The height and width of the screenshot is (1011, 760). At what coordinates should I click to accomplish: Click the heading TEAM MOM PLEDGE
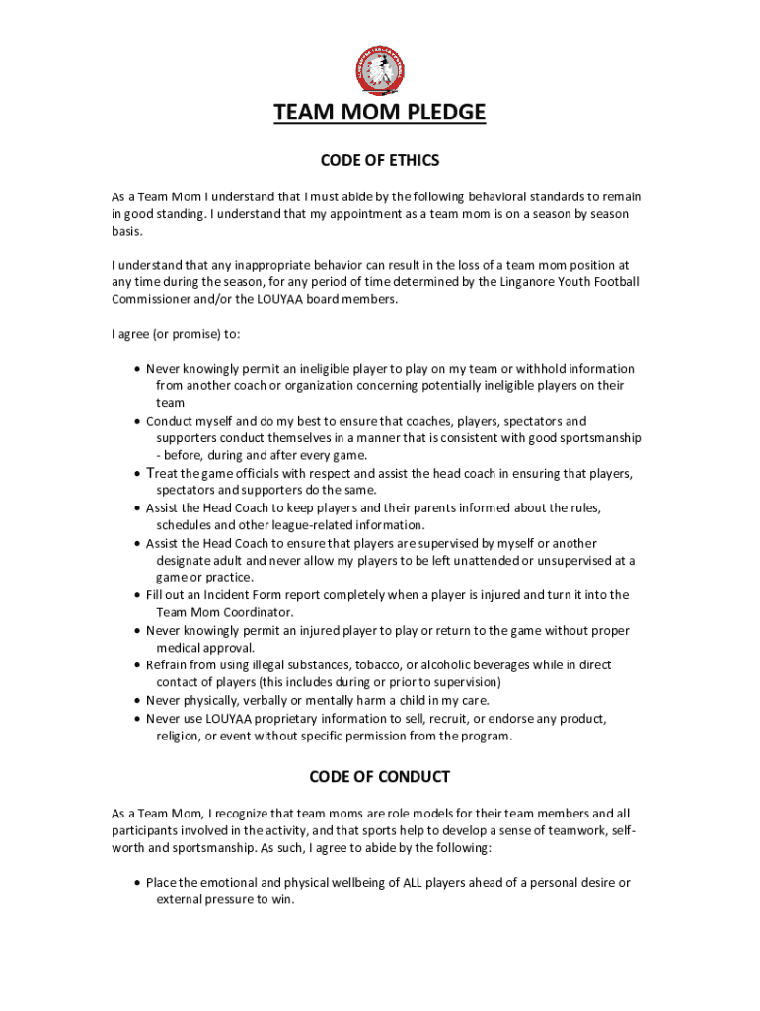pyautogui.click(x=379, y=114)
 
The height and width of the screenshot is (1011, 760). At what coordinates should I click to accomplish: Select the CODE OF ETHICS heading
pyautogui.click(x=380, y=160)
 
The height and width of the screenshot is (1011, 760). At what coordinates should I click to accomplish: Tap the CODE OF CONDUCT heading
pyautogui.click(x=380, y=777)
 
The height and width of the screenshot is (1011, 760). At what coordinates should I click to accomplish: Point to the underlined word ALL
pyautogui.click(x=413, y=883)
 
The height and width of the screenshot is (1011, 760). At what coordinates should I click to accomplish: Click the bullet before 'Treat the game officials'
pyautogui.click(x=136, y=474)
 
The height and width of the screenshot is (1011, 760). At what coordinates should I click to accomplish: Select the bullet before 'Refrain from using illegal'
pyautogui.click(x=136, y=665)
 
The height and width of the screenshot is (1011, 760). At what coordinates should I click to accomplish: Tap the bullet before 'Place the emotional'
pyautogui.click(x=136, y=883)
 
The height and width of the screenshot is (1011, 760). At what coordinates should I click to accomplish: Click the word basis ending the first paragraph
pyautogui.click(x=126, y=232)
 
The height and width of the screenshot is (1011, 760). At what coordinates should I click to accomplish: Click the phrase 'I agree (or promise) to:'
pyautogui.click(x=176, y=334)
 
